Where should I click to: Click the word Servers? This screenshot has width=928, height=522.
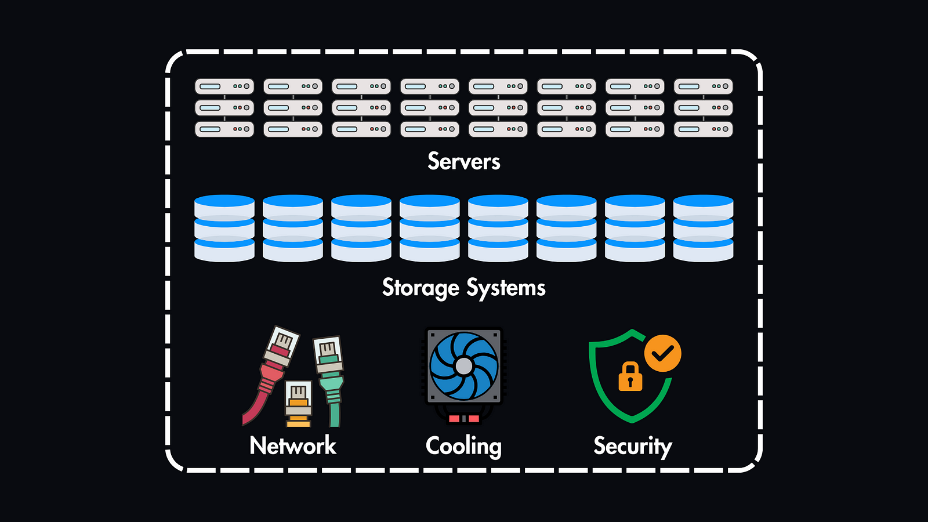coord(463,161)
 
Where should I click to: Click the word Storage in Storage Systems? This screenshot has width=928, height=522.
coord(420,288)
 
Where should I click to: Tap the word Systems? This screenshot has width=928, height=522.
coord(506,288)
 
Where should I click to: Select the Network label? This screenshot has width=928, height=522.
coord(292,445)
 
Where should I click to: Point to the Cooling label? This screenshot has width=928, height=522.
coord(463,446)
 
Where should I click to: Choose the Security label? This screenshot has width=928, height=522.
coord(632,446)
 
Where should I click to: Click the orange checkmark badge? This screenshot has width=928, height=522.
coord(662,353)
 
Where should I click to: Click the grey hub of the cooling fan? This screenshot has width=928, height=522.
coord(463,366)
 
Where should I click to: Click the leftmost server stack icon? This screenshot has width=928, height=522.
coord(224,108)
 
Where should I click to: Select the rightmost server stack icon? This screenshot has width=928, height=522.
coord(703,108)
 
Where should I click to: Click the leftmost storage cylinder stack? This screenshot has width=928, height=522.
coord(224,229)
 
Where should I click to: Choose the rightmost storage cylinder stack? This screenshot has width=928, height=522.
coord(703,229)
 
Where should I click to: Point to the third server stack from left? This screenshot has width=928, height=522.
coord(361,108)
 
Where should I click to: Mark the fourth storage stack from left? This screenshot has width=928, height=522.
coord(430,229)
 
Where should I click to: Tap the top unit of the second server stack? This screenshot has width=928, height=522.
coord(293,86)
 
